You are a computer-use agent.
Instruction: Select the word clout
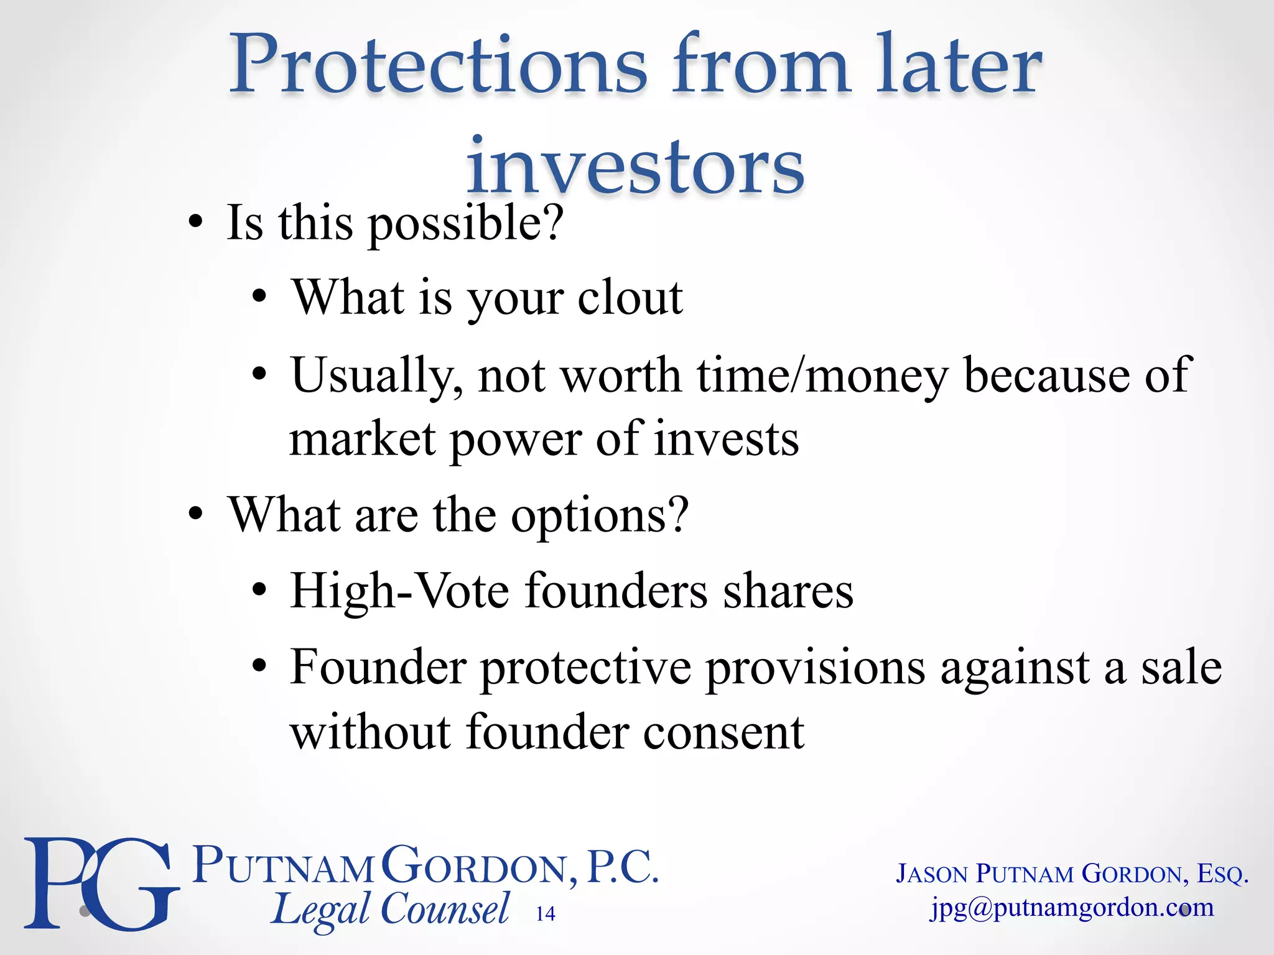(x=630, y=298)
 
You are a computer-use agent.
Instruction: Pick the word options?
(x=600, y=515)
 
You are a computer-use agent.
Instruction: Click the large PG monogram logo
(x=100, y=883)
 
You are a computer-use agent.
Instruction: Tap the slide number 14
(x=546, y=913)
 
